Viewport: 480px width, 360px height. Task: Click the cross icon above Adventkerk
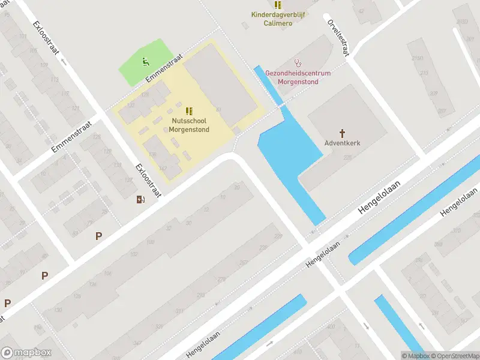(x=343, y=133)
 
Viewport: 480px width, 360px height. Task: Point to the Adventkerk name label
(x=343, y=144)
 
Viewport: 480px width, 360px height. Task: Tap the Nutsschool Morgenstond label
(x=189, y=125)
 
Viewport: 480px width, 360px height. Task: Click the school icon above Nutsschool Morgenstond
(x=189, y=110)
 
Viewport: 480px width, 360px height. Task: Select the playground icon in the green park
(x=145, y=61)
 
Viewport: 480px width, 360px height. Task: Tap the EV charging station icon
(x=140, y=200)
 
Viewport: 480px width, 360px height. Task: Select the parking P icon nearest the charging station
(x=98, y=236)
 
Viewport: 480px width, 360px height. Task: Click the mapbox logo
(x=26, y=352)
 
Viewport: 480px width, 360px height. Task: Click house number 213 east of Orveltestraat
(x=425, y=74)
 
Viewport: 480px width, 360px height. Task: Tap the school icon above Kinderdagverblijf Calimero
(x=277, y=5)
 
